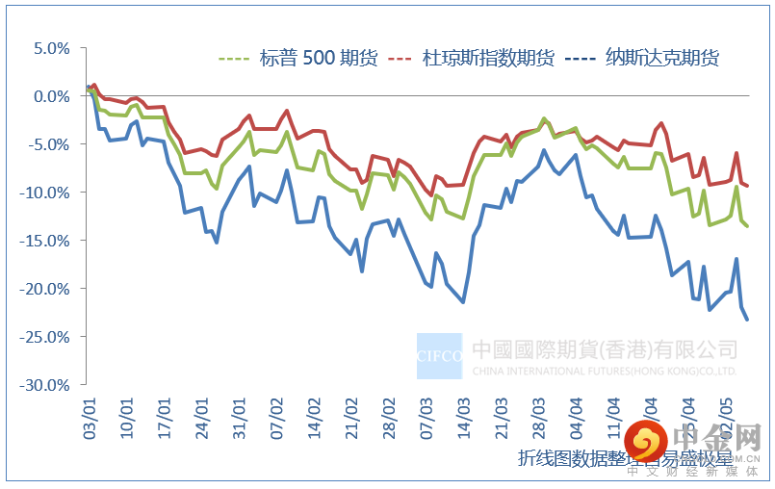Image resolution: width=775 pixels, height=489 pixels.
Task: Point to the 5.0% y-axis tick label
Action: tap(50, 48)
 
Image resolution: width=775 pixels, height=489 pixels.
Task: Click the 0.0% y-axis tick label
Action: tap(50, 96)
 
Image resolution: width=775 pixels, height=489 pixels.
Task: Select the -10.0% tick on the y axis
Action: tap(47, 193)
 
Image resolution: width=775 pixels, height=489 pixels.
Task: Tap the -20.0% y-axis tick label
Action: tap(47, 289)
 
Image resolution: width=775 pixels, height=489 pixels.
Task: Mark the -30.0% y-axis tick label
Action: tap(47, 384)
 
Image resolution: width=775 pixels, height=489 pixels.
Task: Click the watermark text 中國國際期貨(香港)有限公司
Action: tap(605, 348)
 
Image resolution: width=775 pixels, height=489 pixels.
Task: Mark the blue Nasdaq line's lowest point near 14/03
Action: tap(463, 302)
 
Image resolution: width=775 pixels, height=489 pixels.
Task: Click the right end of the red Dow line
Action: tap(747, 186)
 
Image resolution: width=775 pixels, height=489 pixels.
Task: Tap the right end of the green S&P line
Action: tap(747, 225)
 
